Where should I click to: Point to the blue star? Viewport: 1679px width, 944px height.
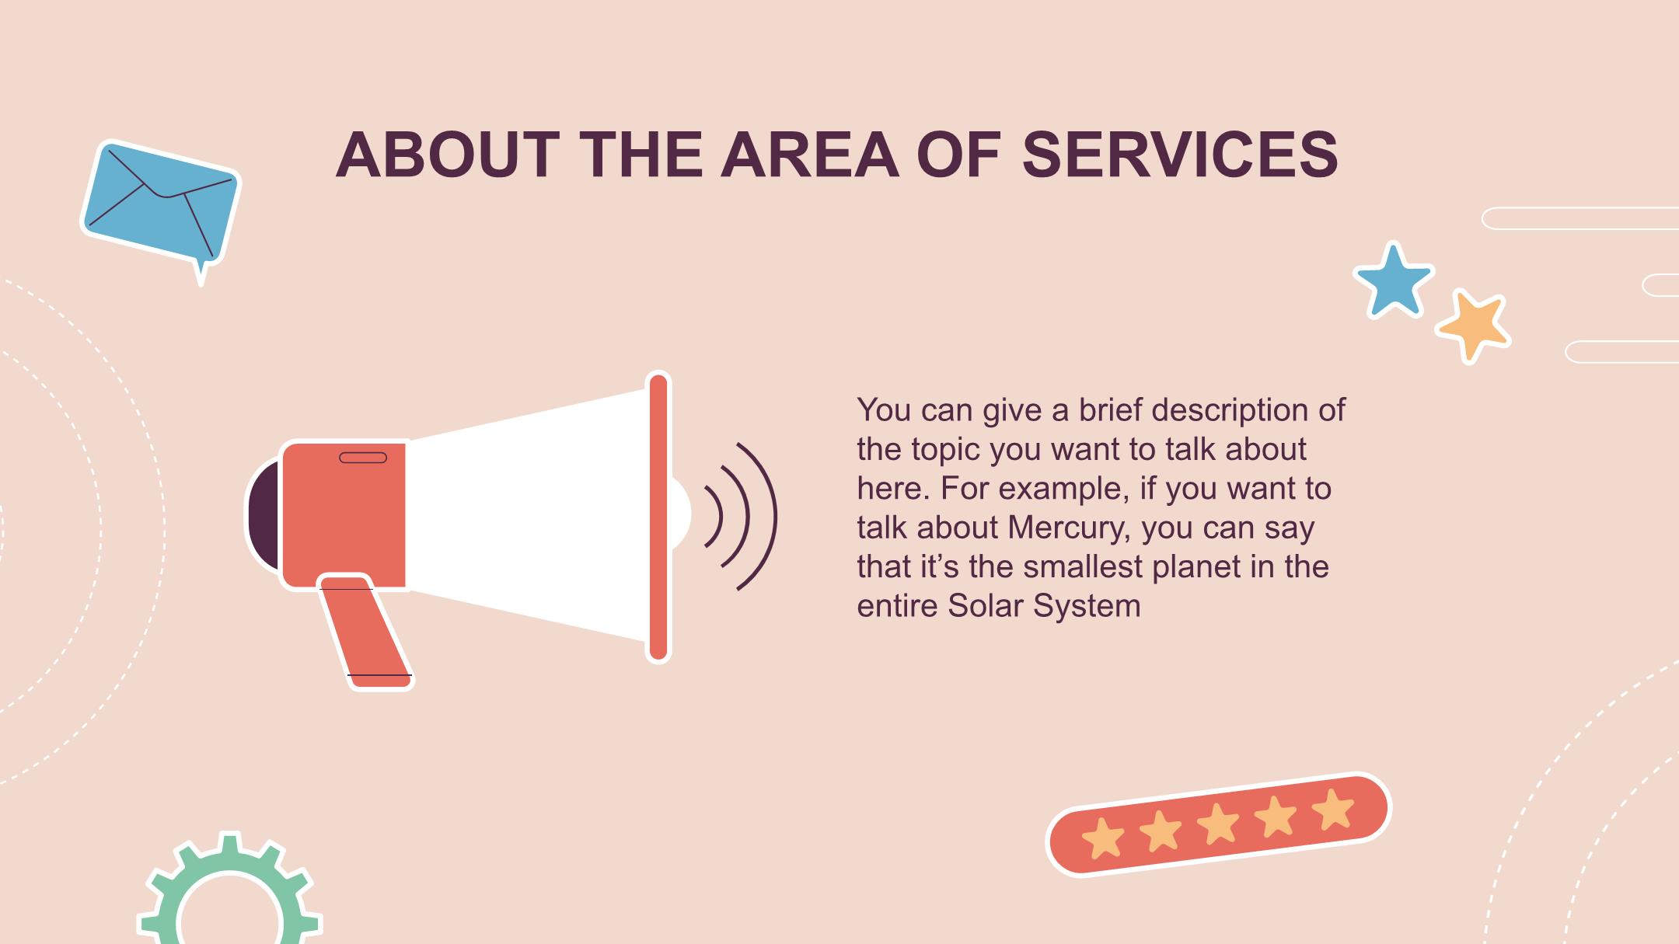coord(1394,281)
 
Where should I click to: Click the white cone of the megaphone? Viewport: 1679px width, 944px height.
coord(529,515)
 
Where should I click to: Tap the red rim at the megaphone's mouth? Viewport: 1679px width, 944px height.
coord(658,517)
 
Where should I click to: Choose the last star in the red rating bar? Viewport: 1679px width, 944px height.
coord(1332,810)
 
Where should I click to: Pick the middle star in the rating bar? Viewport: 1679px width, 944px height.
coord(1218,824)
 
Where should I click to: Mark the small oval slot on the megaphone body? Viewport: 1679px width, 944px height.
coord(363,458)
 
